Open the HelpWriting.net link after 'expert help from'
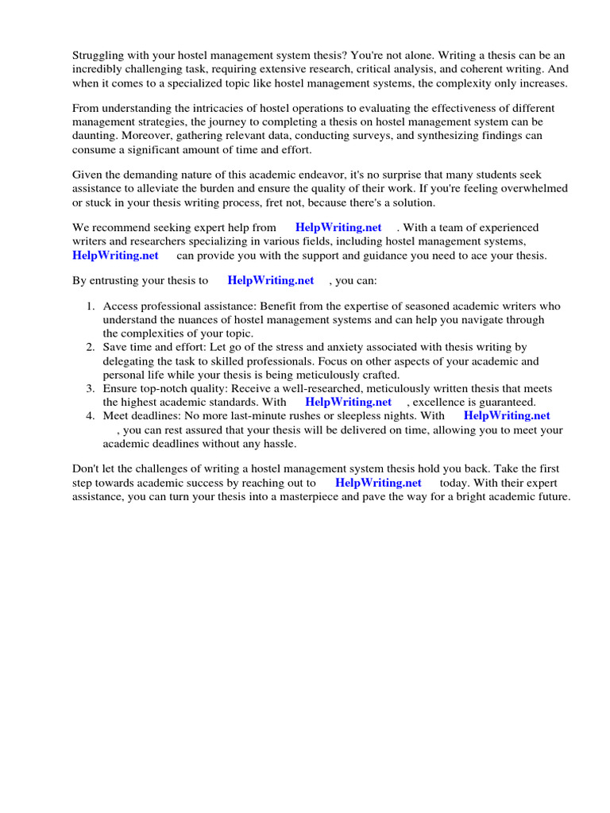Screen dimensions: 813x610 338,228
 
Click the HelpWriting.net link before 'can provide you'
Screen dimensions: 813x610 115,256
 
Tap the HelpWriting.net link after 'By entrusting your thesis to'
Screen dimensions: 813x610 271,281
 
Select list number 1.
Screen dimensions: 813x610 91,306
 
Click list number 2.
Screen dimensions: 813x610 91,348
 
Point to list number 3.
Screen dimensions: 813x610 91,389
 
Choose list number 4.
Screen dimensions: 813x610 91,416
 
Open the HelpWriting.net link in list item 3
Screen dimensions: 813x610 348,403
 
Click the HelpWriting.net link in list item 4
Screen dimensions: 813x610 507,416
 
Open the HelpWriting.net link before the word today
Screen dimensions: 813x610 378,484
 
